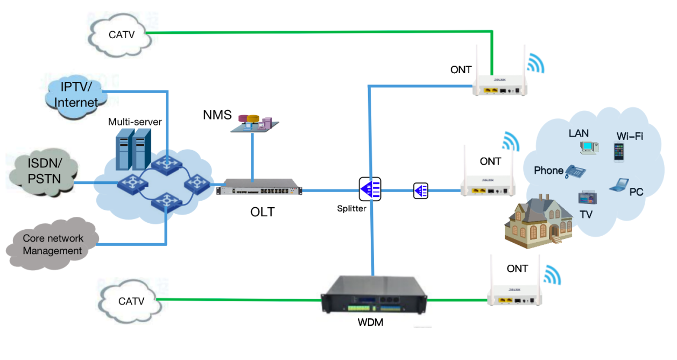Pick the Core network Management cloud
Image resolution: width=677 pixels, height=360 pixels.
(x=53, y=245)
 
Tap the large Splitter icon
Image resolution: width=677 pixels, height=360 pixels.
(x=370, y=189)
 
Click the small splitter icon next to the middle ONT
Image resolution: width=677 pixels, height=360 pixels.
(x=420, y=190)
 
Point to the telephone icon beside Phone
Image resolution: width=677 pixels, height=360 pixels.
(x=575, y=171)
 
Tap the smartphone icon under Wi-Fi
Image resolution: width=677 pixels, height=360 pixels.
(x=619, y=151)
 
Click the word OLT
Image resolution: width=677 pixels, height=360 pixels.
(x=263, y=212)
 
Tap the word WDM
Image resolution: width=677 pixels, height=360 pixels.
(x=370, y=323)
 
